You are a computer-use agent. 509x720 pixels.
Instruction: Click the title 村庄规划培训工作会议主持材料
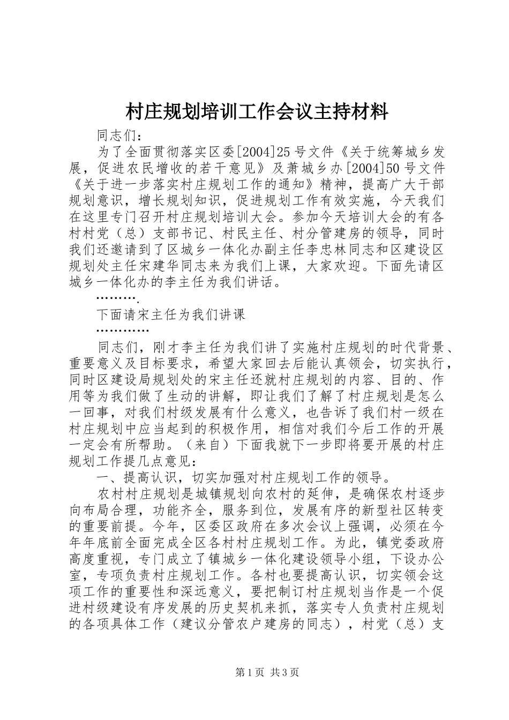pos(256,112)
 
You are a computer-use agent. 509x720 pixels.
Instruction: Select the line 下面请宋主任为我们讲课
pos(170,314)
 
